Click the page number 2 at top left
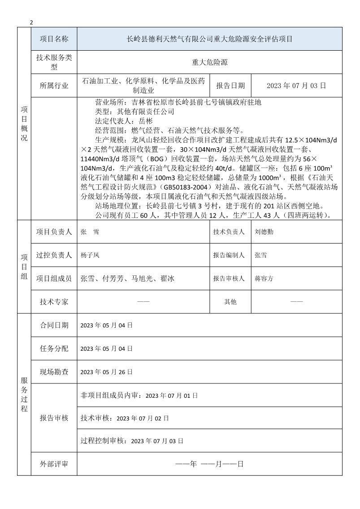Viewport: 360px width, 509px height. pyautogui.click(x=31, y=22)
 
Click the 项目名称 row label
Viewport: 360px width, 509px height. pyautogui.click(x=54, y=39)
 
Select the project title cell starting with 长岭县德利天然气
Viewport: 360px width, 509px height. pyautogui.click(x=209, y=39)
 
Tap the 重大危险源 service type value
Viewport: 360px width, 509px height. pyautogui.click(x=209, y=62)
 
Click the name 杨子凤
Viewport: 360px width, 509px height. pyautogui.click(x=90, y=255)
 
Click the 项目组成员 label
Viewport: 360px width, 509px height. pyautogui.click(x=54, y=278)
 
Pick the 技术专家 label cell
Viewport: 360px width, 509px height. pyautogui.click(x=54, y=302)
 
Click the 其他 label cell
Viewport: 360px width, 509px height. pyautogui.click(x=230, y=302)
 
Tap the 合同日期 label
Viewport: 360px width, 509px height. pyautogui.click(x=54, y=325)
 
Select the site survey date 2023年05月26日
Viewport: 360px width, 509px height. pyautogui.click(x=107, y=372)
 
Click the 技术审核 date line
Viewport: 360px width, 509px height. pyautogui.click(x=125, y=418)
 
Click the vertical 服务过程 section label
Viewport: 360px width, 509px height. pyautogui.click(x=24, y=395)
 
